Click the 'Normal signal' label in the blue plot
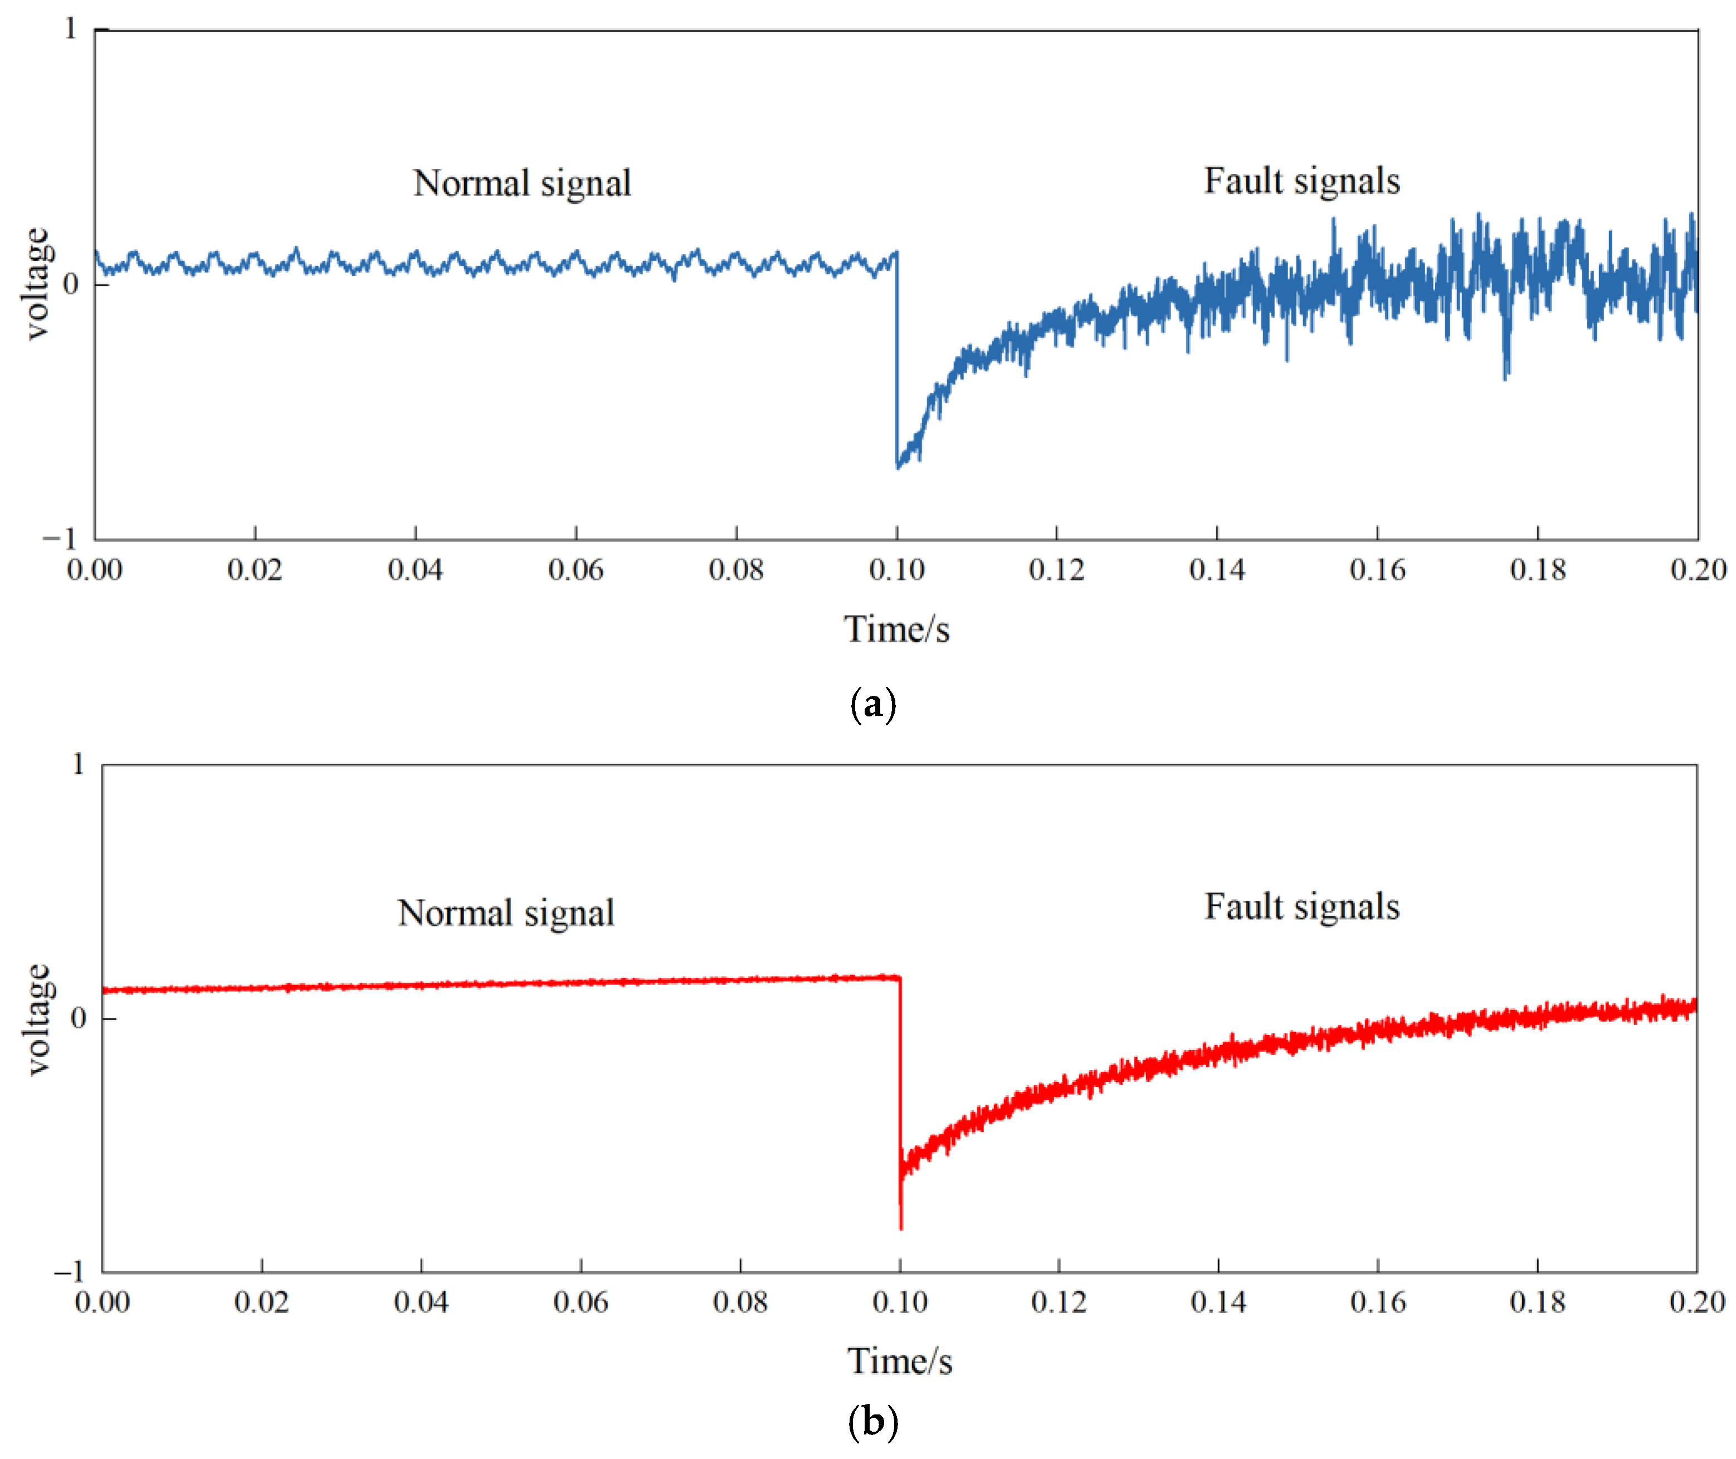click(522, 184)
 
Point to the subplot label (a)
click(872, 705)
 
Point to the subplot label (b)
click(872, 1423)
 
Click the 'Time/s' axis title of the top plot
click(896, 630)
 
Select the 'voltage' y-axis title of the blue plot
click(36, 284)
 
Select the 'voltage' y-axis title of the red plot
click(36, 1019)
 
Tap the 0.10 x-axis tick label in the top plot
click(896, 570)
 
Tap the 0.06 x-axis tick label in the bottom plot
click(581, 1302)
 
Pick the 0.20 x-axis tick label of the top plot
click(1697, 570)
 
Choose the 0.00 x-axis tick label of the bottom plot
click(103, 1302)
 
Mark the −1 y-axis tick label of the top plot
click(60, 539)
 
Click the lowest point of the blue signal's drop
click(898, 468)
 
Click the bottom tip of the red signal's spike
click(901, 1228)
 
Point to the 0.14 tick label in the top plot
click(1217, 570)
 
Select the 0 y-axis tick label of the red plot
click(79, 1018)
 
